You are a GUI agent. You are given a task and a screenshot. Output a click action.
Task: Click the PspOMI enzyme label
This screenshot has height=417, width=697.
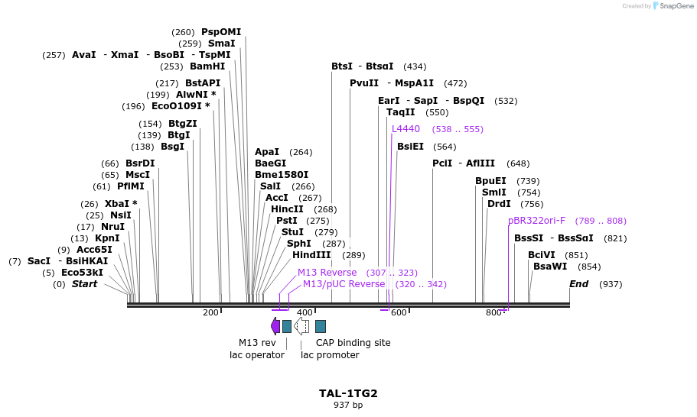(x=221, y=32)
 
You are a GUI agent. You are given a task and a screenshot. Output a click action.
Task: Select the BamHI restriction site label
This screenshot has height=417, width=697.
(x=207, y=66)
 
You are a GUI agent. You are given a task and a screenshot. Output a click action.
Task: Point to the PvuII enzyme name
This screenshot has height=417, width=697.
(x=364, y=83)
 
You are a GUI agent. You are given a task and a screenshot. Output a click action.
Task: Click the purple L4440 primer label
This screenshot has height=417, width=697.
(x=405, y=129)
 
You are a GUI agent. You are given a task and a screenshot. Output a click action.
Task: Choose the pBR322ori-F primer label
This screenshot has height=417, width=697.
(x=536, y=221)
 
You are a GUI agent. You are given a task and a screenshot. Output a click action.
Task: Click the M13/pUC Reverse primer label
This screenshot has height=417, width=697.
(x=344, y=284)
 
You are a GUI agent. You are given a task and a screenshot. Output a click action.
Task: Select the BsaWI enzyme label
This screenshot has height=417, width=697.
(x=550, y=267)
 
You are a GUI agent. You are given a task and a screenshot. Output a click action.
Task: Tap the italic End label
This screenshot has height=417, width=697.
(x=579, y=284)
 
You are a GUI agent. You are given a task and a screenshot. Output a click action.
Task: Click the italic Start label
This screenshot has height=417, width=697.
(x=84, y=284)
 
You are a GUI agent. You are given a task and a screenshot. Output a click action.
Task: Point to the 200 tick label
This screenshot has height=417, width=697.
(x=210, y=312)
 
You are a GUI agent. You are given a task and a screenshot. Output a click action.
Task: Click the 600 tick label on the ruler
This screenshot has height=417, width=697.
(x=399, y=312)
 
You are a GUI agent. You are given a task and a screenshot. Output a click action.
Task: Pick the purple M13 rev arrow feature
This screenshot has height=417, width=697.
(x=275, y=326)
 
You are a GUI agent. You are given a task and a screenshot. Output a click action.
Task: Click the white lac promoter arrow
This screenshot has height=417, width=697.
(x=301, y=326)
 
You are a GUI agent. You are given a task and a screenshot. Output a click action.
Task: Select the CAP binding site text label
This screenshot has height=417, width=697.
(x=353, y=343)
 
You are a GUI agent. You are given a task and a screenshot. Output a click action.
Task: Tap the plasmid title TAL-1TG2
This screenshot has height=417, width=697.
(x=348, y=393)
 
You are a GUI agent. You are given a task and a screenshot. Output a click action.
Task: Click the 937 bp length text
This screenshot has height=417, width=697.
(x=348, y=405)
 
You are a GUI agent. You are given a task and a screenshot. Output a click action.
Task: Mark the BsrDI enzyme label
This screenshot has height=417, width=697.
(x=140, y=163)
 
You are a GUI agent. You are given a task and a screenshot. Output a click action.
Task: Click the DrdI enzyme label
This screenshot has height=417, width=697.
(x=499, y=204)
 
